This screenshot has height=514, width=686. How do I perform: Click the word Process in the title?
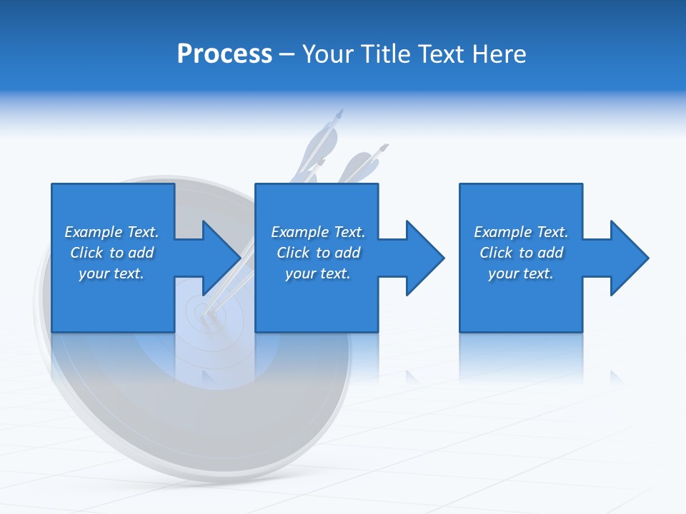pyautogui.click(x=224, y=54)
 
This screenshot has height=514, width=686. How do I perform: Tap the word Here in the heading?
pyautogui.click(x=499, y=54)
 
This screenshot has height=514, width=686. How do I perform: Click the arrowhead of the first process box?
pyautogui.click(x=222, y=258)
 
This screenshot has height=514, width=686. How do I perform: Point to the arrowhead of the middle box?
pyautogui.click(x=425, y=258)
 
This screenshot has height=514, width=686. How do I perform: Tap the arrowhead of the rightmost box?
pyautogui.click(x=630, y=258)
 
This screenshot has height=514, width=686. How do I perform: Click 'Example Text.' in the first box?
pyautogui.click(x=111, y=232)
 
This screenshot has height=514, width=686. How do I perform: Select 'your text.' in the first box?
pyautogui.click(x=111, y=273)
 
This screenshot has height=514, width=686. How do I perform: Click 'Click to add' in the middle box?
pyautogui.click(x=318, y=253)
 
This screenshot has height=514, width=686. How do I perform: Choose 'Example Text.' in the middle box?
pyautogui.click(x=318, y=232)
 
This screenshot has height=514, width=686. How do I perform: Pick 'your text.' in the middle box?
pyautogui.click(x=318, y=273)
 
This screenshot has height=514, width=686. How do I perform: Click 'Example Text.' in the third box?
pyautogui.click(x=521, y=232)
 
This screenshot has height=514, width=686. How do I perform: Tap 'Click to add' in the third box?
pyautogui.click(x=521, y=253)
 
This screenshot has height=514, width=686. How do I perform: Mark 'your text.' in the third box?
pyautogui.click(x=521, y=273)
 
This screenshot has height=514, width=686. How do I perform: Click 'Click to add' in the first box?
pyautogui.click(x=111, y=253)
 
